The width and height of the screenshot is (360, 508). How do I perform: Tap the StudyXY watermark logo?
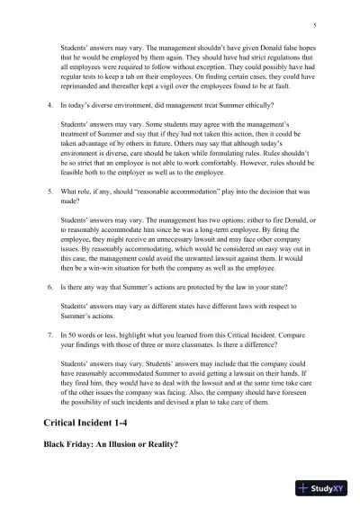tap(324, 489)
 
